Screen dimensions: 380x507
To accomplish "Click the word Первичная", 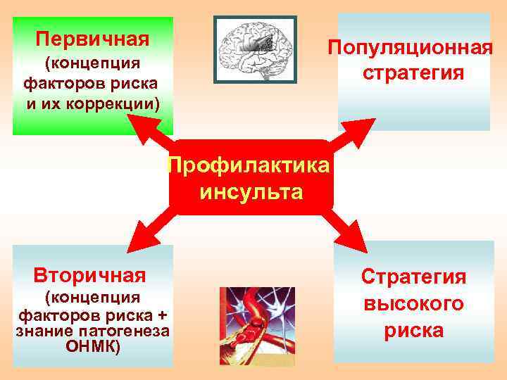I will pyautogui.click(x=92, y=37).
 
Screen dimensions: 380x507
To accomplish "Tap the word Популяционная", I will pyautogui.click(x=409, y=49).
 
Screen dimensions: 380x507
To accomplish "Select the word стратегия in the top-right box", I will pyautogui.click(x=413, y=73).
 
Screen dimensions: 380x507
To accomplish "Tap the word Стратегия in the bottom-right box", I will pyautogui.click(x=413, y=276).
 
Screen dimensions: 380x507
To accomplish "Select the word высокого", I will pyautogui.click(x=413, y=303).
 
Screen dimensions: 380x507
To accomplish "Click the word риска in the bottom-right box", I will pyautogui.click(x=413, y=330).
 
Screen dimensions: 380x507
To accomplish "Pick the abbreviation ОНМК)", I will pyautogui.click(x=92, y=346).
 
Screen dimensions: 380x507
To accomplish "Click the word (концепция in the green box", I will pyautogui.click(x=92, y=65).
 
